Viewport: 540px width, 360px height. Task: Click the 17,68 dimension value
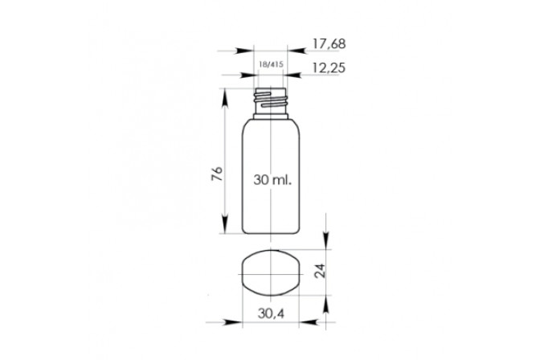[x=329, y=43]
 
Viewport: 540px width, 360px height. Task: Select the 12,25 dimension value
[x=329, y=67]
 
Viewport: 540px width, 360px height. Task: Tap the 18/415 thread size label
[x=271, y=64]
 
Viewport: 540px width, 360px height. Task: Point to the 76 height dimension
[x=217, y=174]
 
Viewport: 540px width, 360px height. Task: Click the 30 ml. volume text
[x=272, y=179]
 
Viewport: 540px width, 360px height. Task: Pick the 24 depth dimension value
[x=320, y=271]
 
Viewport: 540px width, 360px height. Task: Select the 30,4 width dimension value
[x=271, y=313]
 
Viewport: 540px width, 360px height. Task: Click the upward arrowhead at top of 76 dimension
[x=224, y=97]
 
